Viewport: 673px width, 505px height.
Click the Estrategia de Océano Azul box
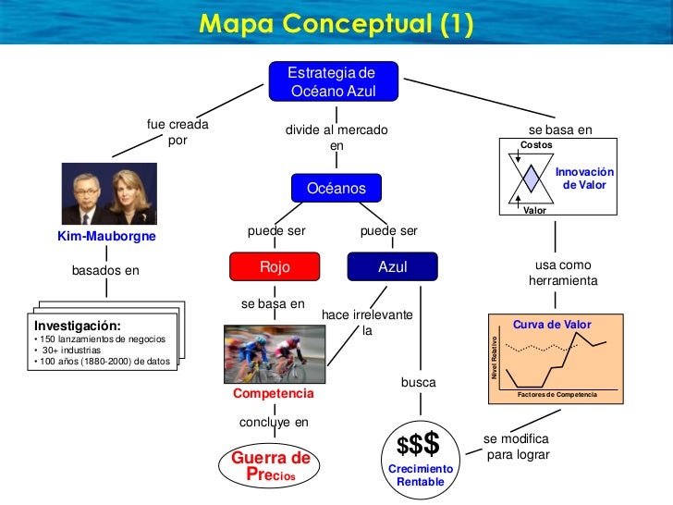pyautogui.click(x=335, y=81)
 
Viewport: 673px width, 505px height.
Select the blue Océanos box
pyautogui.click(x=336, y=189)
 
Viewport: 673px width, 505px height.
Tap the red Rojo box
pyautogui.click(x=275, y=267)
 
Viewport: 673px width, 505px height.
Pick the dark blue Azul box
pyautogui.click(x=392, y=267)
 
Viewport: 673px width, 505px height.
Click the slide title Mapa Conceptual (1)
pyautogui.click(x=336, y=23)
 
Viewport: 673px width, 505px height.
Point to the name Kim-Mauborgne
pyautogui.click(x=106, y=237)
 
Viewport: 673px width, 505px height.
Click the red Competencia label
pyautogui.click(x=274, y=394)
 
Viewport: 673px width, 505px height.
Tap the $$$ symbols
pyautogui.click(x=418, y=445)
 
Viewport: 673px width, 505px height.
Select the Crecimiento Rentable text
pyautogui.click(x=421, y=475)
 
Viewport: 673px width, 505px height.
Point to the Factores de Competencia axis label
pyautogui.click(x=557, y=395)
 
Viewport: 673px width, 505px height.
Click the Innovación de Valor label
pyautogui.click(x=584, y=179)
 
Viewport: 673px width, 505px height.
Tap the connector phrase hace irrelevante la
pyautogui.click(x=366, y=323)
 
